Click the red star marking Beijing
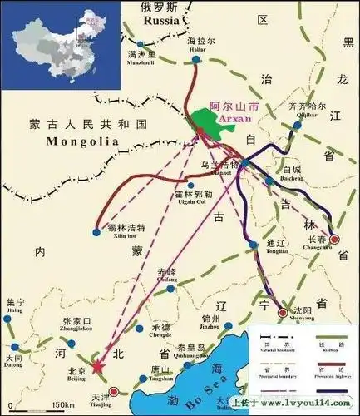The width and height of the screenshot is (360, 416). (97, 366)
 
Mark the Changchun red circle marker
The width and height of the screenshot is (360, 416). (334, 239)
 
